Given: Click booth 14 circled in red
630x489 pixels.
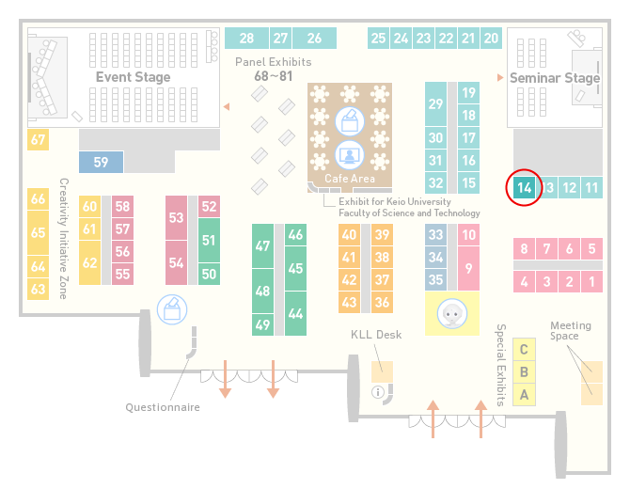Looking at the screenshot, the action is (x=525, y=188).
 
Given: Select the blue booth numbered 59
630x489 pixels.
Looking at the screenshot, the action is (x=101, y=162).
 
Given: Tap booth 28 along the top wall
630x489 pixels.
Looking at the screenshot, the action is (x=246, y=39).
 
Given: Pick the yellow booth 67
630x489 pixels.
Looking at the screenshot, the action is (x=38, y=139).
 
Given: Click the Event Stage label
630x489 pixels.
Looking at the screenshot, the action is (x=133, y=77).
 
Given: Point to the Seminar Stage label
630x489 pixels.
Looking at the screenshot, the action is (x=555, y=77).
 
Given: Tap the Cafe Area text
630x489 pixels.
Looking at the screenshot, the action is (x=350, y=179).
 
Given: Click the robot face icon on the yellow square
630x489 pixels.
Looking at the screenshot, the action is (x=452, y=313).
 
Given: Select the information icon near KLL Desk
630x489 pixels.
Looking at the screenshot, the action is (x=378, y=392).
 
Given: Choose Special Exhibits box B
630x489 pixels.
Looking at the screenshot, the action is (x=524, y=372).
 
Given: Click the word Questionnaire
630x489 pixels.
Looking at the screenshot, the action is (x=163, y=407).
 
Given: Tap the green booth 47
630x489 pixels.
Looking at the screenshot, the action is (x=262, y=245).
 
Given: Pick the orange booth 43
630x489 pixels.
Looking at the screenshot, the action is (x=349, y=302).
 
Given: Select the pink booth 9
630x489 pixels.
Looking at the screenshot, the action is (x=468, y=268).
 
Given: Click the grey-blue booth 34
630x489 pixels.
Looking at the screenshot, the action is (x=435, y=257).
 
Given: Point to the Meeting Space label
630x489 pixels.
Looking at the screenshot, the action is (x=571, y=331).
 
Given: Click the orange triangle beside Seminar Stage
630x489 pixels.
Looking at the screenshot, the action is (x=500, y=77).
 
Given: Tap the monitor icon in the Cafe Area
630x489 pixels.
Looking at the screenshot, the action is (x=350, y=155).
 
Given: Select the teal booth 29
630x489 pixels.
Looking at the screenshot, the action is (x=435, y=104).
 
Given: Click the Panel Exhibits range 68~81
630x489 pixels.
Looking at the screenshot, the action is (x=274, y=76).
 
